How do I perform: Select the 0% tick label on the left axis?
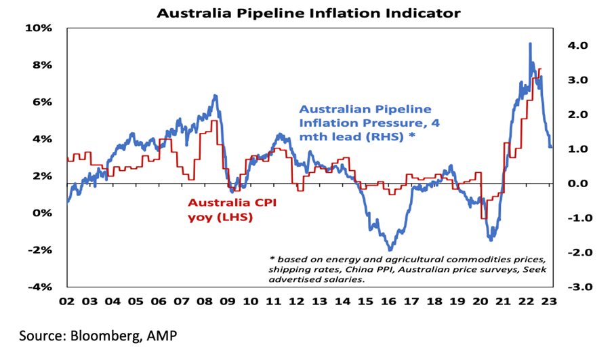[43, 214]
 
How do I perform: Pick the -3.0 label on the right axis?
[567, 287]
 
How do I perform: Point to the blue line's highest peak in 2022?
[530, 44]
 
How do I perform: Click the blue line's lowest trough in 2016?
[390, 250]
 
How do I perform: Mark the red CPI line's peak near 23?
[539, 68]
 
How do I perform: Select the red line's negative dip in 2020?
[484, 218]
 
